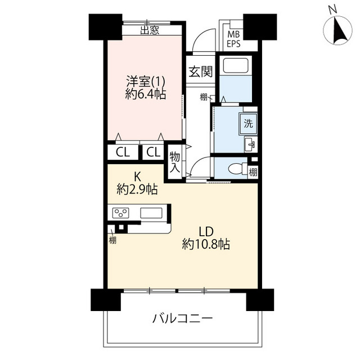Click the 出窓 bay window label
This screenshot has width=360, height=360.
point(150,30)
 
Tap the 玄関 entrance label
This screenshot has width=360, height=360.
point(200,71)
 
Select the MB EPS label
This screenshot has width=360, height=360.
point(233,39)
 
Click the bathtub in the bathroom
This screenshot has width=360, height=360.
point(236,66)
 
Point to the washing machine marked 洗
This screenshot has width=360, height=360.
point(248,124)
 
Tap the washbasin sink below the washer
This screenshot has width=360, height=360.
point(250,145)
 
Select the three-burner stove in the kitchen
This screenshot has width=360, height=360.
point(120,213)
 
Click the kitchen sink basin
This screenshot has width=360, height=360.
point(151,213)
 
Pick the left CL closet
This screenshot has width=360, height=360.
point(123,152)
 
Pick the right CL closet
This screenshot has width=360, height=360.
point(153,152)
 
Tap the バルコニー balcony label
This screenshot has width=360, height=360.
point(182,319)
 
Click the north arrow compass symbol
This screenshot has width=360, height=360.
point(337,30)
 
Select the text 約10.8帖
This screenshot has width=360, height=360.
point(206,244)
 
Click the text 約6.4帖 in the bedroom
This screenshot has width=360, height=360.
point(146,94)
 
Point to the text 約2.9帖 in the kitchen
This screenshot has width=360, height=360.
point(137,190)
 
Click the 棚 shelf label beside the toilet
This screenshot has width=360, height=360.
point(253,172)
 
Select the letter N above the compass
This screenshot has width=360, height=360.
point(332,10)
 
